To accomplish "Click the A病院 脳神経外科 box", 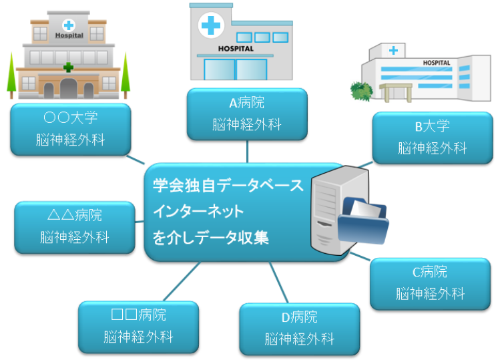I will click(247, 114).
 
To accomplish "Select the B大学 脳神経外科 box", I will click(432, 138).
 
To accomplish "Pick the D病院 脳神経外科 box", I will click(299, 328).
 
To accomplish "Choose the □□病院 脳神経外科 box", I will click(138, 325).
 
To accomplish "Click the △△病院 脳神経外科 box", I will click(74, 226).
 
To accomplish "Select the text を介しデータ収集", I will click(210, 237).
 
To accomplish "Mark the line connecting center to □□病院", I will click(180, 281).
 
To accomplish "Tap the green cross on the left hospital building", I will click(68, 67).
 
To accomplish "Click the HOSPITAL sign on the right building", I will click(437, 63).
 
